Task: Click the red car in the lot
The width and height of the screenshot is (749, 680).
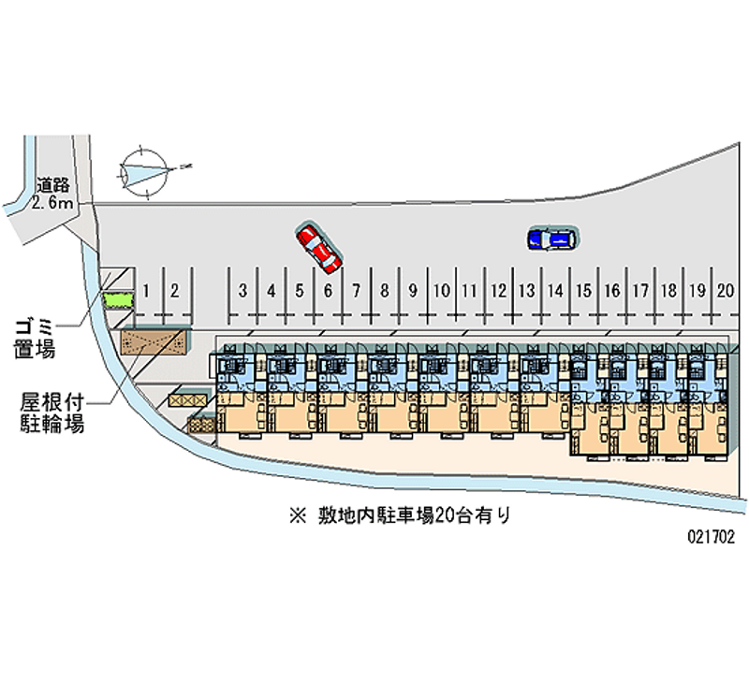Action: (x=318, y=248)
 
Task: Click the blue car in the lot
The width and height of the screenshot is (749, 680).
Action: (x=551, y=240)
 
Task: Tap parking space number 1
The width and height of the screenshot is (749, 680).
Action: (x=146, y=291)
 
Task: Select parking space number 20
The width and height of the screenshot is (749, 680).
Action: (x=725, y=291)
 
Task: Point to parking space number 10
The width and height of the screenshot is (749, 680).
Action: (x=442, y=291)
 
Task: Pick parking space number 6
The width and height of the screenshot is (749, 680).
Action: (x=328, y=291)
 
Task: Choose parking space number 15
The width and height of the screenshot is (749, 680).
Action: (x=584, y=291)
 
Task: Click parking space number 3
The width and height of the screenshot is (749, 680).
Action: (x=242, y=291)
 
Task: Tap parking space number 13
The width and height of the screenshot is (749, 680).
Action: (x=527, y=291)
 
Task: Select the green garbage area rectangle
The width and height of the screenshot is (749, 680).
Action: (x=119, y=300)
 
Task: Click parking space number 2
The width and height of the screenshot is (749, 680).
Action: (x=174, y=291)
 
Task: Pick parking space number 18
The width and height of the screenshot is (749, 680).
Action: (x=668, y=291)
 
